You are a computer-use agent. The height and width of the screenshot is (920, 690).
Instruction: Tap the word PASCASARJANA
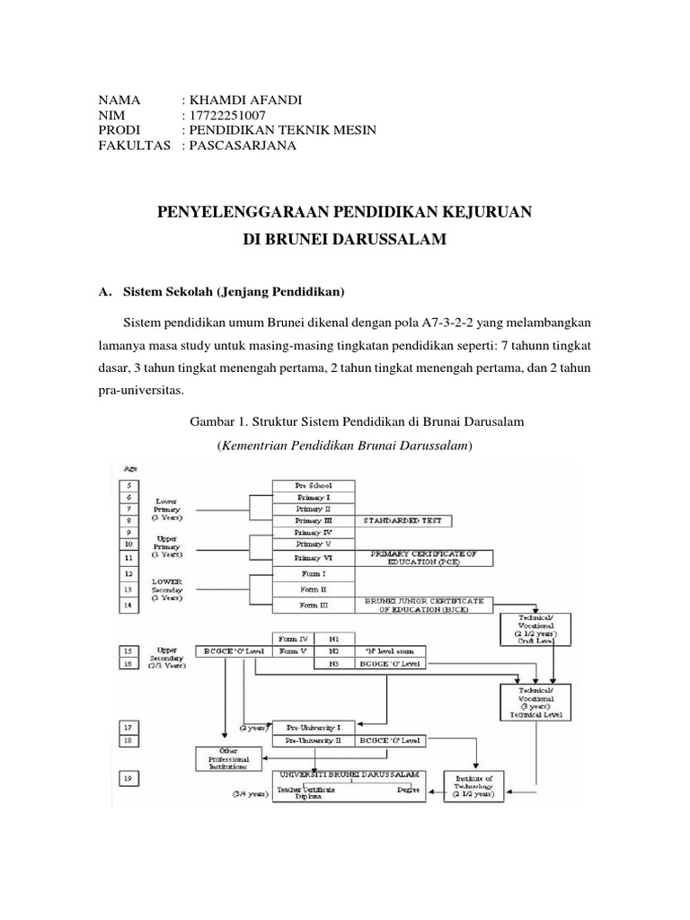pos(241,146)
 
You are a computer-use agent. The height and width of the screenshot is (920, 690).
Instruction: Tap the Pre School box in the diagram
pos(314,485)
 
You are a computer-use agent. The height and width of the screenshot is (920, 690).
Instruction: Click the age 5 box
pos(128,485)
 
